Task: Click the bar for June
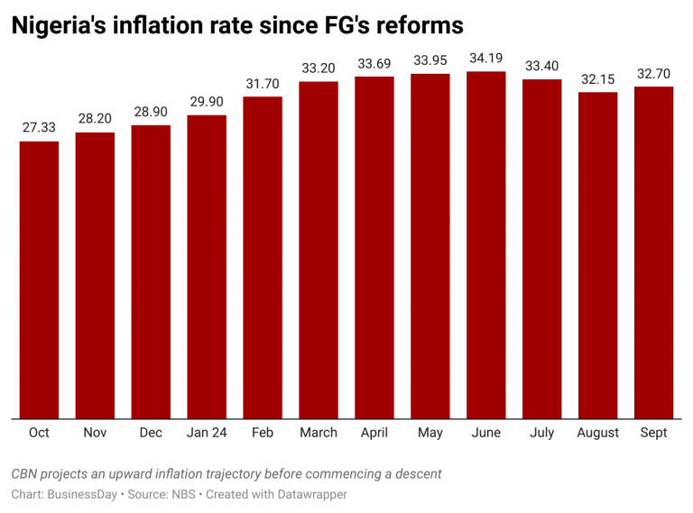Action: (486, 245)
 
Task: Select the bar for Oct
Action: (39, 279)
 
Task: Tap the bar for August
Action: (598, 255)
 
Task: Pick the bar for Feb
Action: (263, 257)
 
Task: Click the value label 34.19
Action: (486, 59)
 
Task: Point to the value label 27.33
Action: (39, 128)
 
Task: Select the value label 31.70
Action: (263, 83)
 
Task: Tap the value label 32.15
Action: (598, 79)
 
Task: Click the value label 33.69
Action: (374, 63)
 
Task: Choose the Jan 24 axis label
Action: (207, 433)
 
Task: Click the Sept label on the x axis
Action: (653, 433)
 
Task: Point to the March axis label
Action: (319, 433)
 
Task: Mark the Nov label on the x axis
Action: (95, 433)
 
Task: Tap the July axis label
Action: (542, 433)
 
